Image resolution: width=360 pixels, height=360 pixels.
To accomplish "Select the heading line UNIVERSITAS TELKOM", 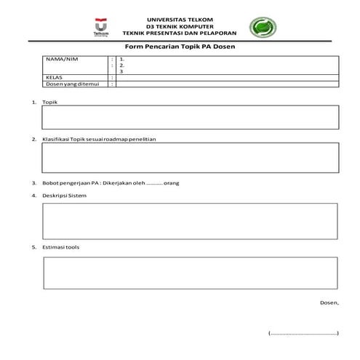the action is (180, 19).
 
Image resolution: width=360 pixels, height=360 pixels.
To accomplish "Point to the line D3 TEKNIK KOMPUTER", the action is (180, 25).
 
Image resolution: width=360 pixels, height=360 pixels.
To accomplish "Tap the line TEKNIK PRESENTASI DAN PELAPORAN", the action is (180, 32).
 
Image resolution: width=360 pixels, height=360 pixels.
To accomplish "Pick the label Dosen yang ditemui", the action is (71, 84).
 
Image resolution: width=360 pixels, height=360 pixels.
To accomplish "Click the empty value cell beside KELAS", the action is (227, 76).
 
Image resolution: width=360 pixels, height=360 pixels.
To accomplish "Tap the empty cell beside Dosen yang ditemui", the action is (227, 84).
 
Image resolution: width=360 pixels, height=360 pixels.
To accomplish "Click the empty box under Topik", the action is (190, 116).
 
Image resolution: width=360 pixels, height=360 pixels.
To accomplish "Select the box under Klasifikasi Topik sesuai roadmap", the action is (190, 156).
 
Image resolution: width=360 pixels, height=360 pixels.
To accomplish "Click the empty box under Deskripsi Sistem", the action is (190, 220).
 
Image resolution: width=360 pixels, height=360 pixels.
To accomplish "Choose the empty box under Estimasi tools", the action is (190, 273).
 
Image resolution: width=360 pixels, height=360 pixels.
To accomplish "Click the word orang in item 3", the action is (172, 183).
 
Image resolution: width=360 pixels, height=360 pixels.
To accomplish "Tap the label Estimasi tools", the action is (61, 247).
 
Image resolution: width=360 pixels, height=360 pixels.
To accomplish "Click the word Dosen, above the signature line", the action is (329, 302).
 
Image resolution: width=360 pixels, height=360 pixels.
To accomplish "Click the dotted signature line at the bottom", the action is (304, 333).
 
